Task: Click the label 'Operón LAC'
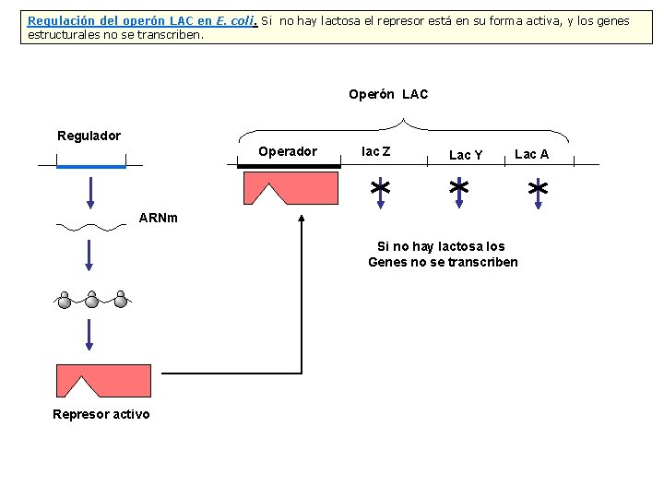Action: [x=388, y=94]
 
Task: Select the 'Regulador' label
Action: [x=89, y=136]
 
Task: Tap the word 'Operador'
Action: [x=287, y=151]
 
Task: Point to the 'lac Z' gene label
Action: [x=375, y=151]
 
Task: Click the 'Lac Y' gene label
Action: [x=466, y=155]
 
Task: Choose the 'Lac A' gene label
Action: [x=531, y=154]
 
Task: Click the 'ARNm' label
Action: [x=158, y=219]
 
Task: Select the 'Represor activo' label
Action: [x=101, y=414]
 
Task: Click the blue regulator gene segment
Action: [x=90, y=167]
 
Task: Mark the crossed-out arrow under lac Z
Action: [x=378, y=189]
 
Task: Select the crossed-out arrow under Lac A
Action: [x=538, y=190]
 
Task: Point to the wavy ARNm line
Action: [x=90, y=224]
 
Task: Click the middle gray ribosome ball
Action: [x=92, y=299]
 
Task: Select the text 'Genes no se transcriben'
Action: [x=443, y=262]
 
